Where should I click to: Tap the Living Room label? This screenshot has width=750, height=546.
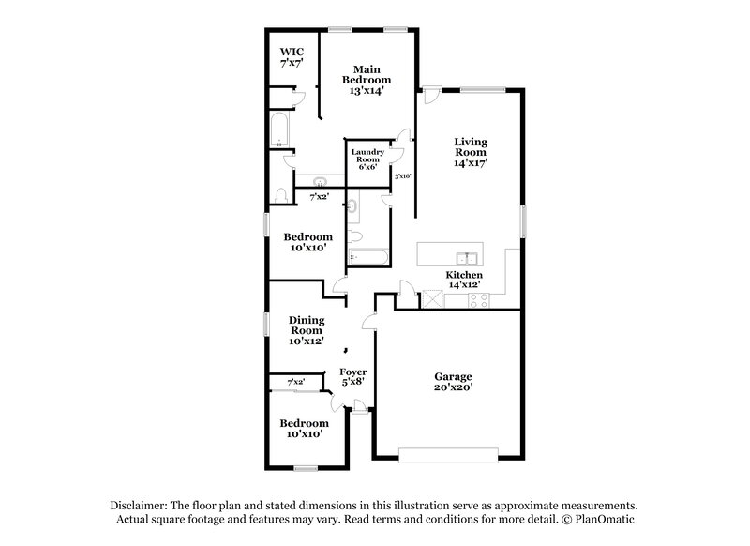click(471, 146)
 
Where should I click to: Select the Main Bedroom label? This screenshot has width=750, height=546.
click(366, 74)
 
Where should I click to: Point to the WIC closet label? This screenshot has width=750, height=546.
click(292, 51)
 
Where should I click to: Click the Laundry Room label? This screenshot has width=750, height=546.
click(367, 155)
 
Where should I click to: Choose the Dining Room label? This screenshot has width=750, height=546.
click(306, 325)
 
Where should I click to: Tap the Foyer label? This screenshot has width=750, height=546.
click(352, 372)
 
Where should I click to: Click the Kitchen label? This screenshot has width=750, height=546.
click(464, 275)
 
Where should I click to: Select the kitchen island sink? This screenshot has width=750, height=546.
click(466, 257)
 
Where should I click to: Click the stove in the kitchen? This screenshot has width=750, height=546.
click(477, 301)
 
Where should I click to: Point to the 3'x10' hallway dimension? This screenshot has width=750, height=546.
click(404, 176)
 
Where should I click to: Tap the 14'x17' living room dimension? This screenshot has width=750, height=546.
click(471, 163)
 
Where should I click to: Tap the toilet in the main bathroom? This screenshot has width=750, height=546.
click(280, 194)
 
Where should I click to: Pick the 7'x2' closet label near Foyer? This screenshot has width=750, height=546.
click(296, 382)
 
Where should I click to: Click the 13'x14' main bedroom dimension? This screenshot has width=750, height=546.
click(366, 91)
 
